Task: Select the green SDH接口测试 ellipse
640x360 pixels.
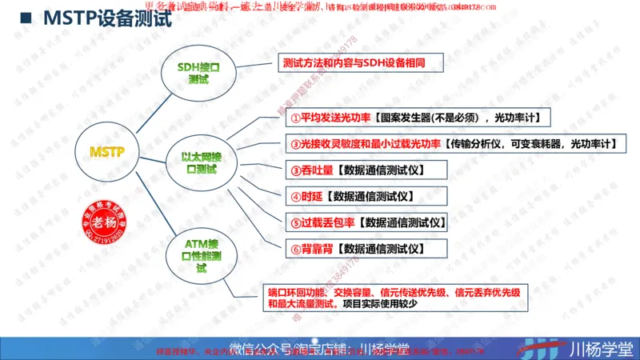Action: (x=198, y=74)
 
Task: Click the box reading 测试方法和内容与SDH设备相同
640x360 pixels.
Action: (x=352, y=62)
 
